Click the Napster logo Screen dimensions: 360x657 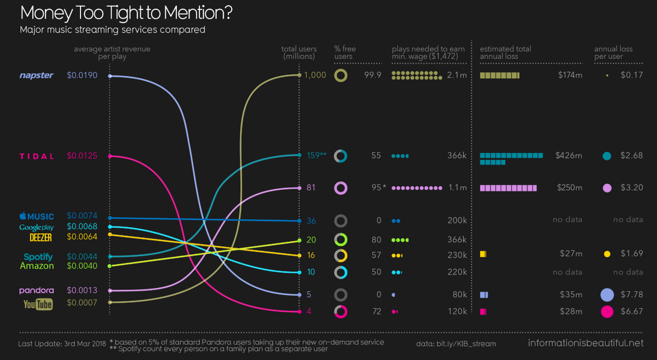coord(37,76)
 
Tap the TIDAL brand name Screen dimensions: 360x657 coord(37,156)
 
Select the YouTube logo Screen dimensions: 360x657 coord(38,304)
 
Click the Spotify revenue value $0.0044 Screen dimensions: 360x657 coord(82,256)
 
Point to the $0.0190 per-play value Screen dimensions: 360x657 coord(82,76)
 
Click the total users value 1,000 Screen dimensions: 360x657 coord(316,76)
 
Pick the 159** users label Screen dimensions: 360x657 coord(316,155)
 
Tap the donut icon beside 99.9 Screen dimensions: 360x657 coord(341,76)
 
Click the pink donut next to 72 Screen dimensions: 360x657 coord(341,312)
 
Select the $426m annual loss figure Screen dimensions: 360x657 coord(568,156)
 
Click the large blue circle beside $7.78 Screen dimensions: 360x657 coord(607,295)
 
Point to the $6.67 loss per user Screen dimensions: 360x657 coord(631,312)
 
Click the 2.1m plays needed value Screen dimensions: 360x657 coord(457,76)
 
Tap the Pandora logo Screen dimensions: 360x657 coord(36,290)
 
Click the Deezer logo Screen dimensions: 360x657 coord(41,237)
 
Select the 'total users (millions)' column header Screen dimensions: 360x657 coord(298,53)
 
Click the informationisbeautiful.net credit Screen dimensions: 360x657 coord(586,344)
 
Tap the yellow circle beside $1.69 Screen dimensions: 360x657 coord(607,254)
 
